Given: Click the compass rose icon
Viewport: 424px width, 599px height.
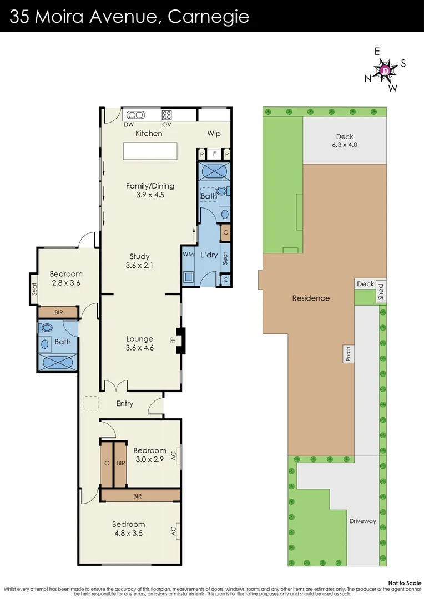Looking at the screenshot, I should [x=385, y=70].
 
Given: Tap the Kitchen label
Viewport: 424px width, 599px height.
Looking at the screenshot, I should [x=149, y=133].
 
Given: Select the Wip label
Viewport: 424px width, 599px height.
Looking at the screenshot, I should [x=214, y=133].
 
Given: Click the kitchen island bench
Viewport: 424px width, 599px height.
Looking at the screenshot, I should [x=150, y=151].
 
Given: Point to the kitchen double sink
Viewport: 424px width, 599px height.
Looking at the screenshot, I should [x=135, y=115].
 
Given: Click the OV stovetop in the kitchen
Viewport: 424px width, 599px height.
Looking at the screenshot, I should [x=166, y=115].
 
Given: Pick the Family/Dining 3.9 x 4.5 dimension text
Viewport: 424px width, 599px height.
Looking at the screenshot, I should [x=145, y=195].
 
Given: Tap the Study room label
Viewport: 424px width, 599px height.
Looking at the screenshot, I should [x=140, y=256].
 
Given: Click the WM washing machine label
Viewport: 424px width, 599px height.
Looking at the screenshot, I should [x=188, y=254].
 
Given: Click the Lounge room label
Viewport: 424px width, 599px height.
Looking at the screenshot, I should [x=140, y=339].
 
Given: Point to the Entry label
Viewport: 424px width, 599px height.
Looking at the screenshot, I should [x=125, y=403].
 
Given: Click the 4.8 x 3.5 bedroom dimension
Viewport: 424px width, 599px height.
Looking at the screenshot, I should [x=129, y=534].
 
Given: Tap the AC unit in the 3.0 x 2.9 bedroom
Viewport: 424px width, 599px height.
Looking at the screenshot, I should [x=174, y=456].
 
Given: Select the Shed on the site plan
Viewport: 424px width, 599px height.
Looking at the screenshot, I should [x=381, y=292].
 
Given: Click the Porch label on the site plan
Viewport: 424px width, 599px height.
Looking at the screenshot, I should [x=349, y=353].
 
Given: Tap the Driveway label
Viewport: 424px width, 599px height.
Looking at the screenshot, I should [x=363, y=521].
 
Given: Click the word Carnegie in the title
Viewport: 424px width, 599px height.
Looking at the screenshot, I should [x=208, y=17].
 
